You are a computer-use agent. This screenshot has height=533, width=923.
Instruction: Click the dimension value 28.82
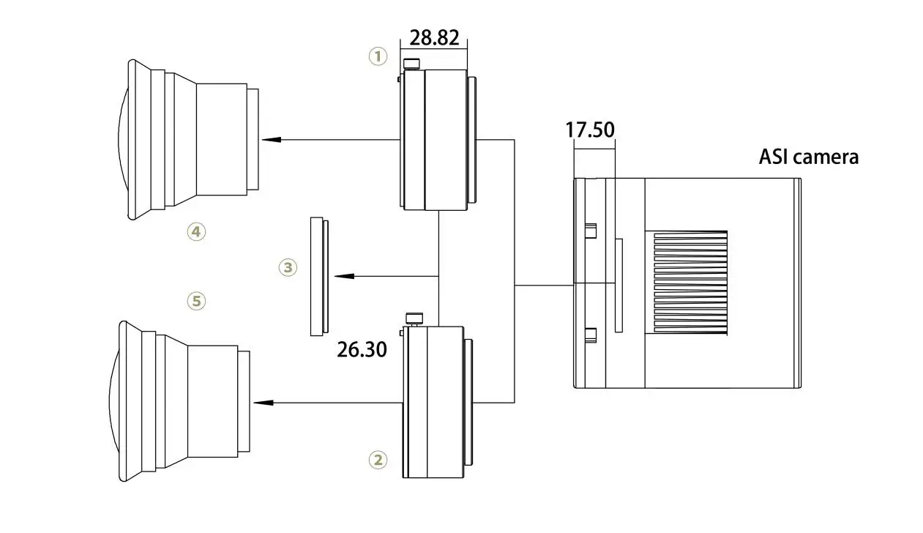coord(433,38)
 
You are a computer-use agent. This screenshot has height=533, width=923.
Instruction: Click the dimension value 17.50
coord(589,130)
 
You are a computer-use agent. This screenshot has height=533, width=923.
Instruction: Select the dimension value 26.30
coord(362,349)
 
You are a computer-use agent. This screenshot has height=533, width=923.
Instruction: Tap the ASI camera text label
coord(808,157)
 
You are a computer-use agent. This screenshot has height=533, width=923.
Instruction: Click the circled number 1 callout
coord(378,56)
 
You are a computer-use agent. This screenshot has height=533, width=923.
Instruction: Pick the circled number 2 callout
coord(378,460)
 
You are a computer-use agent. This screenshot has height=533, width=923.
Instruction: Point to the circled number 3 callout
coord(288,267)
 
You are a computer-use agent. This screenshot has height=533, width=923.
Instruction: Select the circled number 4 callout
coord(196,232)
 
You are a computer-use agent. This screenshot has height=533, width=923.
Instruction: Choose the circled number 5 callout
coord(196,300)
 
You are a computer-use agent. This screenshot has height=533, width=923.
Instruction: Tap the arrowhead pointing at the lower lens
coord(262,403)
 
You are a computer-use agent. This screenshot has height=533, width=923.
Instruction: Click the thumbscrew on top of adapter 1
coord(412,64)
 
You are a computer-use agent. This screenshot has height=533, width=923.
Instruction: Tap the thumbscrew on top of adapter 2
coord(414,319)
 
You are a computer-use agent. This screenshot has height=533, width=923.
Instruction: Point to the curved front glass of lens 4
coord(123,139)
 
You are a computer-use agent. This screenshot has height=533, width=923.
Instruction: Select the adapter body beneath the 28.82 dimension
coord(436,139)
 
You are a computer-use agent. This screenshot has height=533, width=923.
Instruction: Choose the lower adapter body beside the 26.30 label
coord(435,402)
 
